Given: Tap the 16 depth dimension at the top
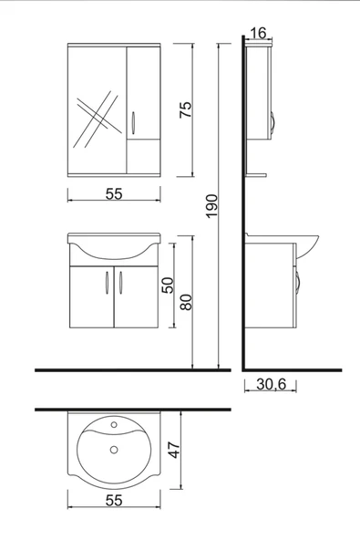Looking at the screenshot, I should [257, 33].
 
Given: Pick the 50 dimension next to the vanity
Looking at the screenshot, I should [167, 283].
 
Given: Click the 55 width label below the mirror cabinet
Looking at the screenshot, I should [113, 194].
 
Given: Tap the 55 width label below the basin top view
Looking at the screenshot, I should [114, 501].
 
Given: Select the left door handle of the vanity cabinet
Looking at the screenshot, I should [108, 282].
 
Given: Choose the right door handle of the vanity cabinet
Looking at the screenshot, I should [119, 282].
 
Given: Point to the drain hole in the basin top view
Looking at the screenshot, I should [115, 448].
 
